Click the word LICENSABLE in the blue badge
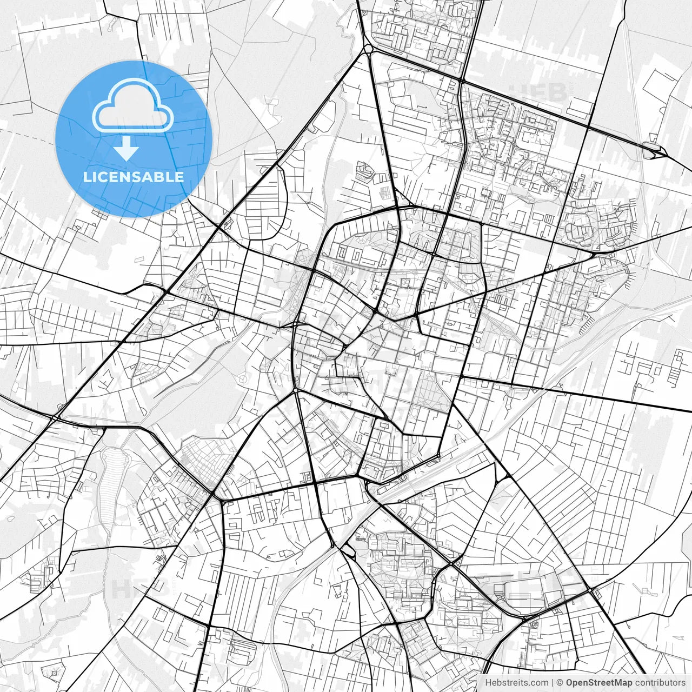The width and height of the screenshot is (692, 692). pos(133,177)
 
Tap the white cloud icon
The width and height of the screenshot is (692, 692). pos(132,106)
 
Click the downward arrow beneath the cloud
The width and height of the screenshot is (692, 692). pos(126,148)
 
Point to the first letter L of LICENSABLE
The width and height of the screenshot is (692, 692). pos(86,177)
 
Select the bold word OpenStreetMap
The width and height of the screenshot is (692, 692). pos(599,683)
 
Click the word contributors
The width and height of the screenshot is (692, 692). pos(660,683)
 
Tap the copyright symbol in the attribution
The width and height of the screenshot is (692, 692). pos(560,683)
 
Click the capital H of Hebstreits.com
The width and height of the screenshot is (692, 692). pos(488,683)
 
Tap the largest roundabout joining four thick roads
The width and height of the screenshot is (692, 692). pos(368,49)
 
